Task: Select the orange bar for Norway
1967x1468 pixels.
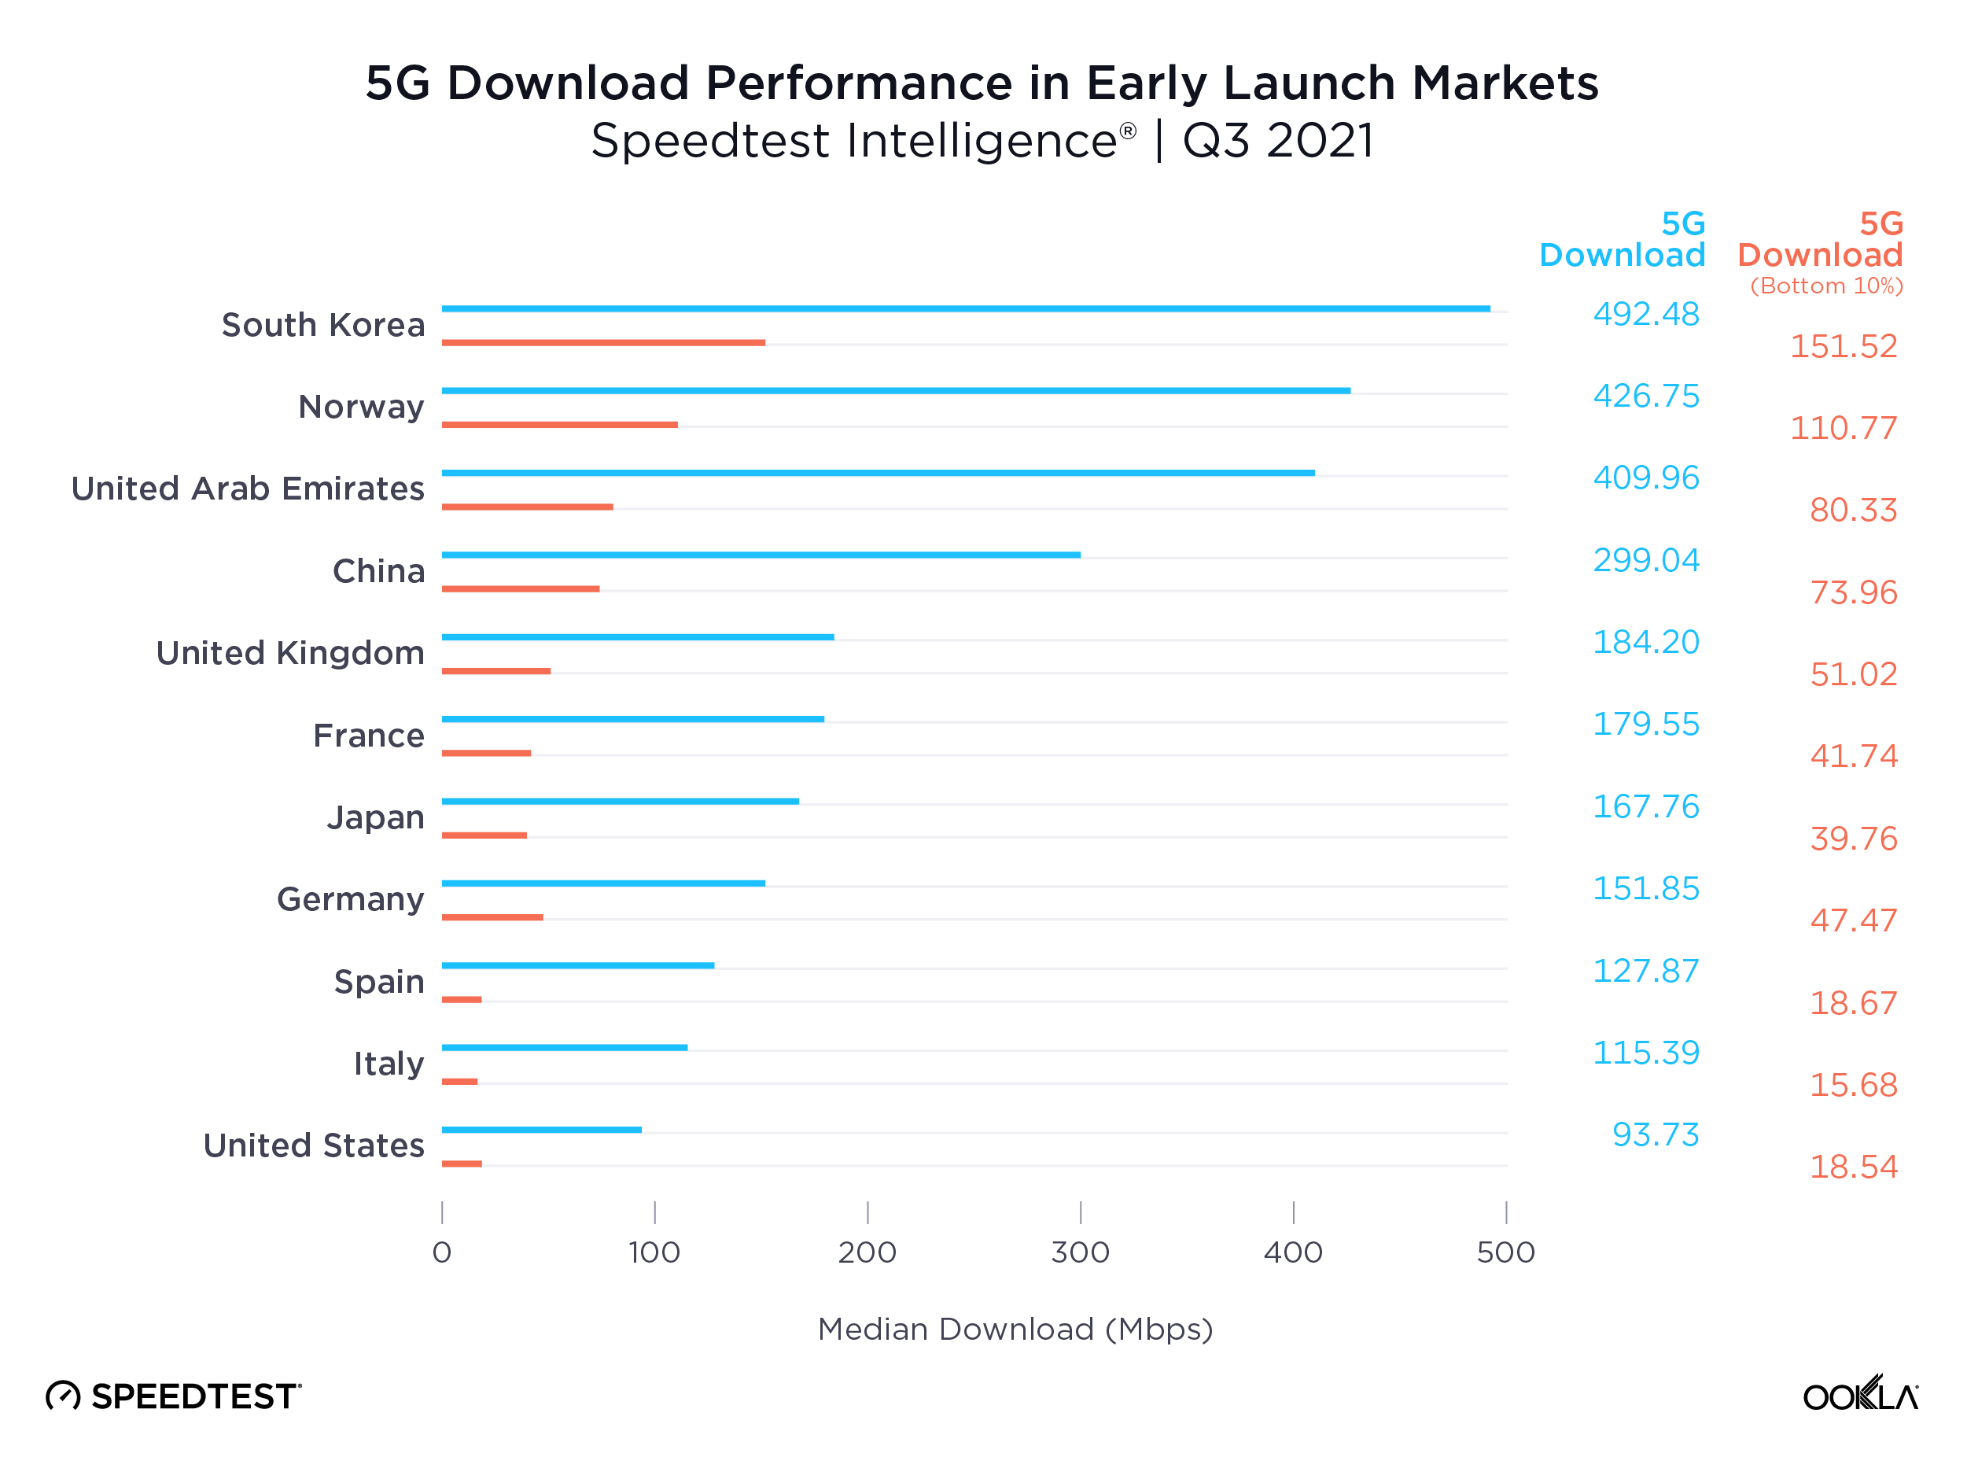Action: point(559,425)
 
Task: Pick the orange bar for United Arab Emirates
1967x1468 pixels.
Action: point(527,507)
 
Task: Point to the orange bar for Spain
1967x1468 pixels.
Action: point(461,1000)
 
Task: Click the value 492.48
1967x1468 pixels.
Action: point(1645,314)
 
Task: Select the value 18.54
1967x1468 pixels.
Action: point(1852,1167)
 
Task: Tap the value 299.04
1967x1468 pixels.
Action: point(1645,560)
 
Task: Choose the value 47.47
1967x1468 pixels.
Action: point(1852,920)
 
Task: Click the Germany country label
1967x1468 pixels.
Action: point(350,899)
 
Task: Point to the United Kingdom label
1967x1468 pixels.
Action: point(289,653)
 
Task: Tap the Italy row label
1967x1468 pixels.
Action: point(389,1064)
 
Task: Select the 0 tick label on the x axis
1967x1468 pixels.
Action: point(441,1252)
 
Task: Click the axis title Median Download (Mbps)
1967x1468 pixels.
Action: point(1015,1330)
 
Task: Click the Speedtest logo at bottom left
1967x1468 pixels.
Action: point(174,1396)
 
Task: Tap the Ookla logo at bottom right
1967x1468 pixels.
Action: point(1858,1395)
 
